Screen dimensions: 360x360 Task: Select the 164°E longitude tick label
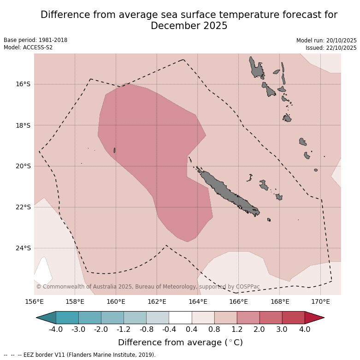pos(198,302)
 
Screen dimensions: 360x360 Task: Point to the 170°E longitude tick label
pos(320,302)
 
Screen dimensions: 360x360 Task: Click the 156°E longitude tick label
pos(34,302)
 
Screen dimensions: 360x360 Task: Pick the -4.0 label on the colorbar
pos(56,330)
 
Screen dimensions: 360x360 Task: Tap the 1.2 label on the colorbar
pos(237,330)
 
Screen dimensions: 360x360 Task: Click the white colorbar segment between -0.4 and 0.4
pos(180,318)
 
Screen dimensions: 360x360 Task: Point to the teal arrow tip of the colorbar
pos(46,318)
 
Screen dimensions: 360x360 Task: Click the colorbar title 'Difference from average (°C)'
pos(180,342)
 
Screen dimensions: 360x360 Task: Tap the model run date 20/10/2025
pos(340,41)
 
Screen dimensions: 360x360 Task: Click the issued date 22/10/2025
pos(340,48)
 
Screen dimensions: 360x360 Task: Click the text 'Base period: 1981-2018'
pos(35,40)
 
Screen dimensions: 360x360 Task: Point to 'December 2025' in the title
pos(189,26)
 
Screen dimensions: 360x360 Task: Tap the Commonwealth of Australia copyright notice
pos(148,287)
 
